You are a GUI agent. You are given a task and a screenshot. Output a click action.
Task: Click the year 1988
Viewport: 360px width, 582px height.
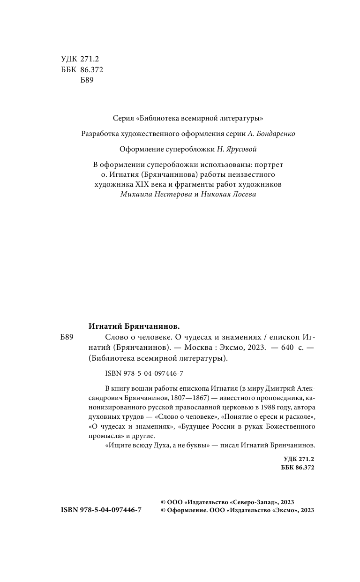(x=257, y=407)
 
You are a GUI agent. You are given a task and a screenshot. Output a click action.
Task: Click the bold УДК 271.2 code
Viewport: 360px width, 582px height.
(x=299, y=459)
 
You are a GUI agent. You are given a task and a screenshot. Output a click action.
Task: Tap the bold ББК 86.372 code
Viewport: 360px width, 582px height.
(x=298, y=468)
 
